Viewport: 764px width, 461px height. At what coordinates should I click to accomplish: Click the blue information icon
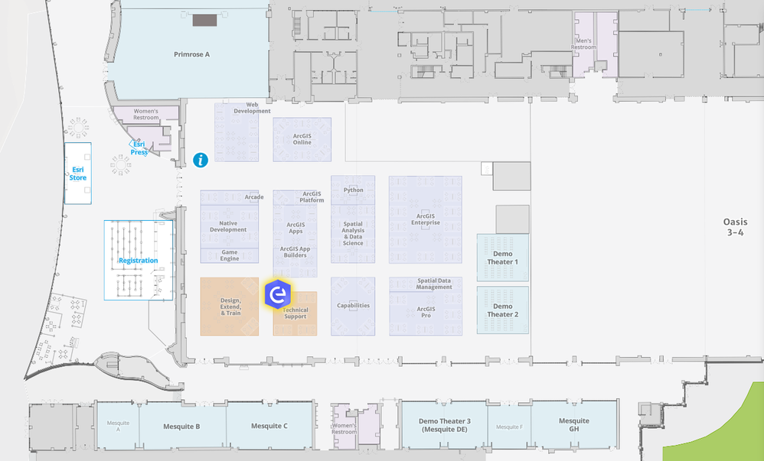pos(201,160)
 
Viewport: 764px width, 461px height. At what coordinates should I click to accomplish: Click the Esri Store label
pos(78,174)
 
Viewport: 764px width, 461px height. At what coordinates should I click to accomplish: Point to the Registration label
pos(138,261)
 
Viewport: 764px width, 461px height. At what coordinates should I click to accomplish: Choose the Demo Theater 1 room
pos(502,258)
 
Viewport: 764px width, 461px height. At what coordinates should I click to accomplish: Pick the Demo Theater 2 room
pos(502,310)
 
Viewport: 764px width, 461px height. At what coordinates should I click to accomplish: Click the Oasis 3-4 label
pos(734,227)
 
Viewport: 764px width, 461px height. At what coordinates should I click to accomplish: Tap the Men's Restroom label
pos(583,44)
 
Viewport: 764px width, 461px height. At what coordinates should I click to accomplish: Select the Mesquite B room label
pos(181,426)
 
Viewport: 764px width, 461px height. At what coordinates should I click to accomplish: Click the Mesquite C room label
pos(269,426)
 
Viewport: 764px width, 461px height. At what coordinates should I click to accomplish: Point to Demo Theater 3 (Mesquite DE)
pos(444,425)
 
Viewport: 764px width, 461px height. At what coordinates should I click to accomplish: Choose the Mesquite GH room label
pos(573,425)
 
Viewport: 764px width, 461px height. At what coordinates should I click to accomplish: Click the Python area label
pos(354,190)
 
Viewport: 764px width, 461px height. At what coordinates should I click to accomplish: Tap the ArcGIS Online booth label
pos(302,139)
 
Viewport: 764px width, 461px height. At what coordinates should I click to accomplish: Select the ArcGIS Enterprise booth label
pos(425,219)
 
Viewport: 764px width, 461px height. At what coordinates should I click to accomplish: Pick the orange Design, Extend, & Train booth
pos(230,307)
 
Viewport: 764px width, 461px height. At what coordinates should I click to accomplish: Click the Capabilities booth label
pos(353,306)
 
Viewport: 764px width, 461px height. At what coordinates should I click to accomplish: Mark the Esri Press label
pos(139,148)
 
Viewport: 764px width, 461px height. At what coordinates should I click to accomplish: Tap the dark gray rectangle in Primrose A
pos(204,21)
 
